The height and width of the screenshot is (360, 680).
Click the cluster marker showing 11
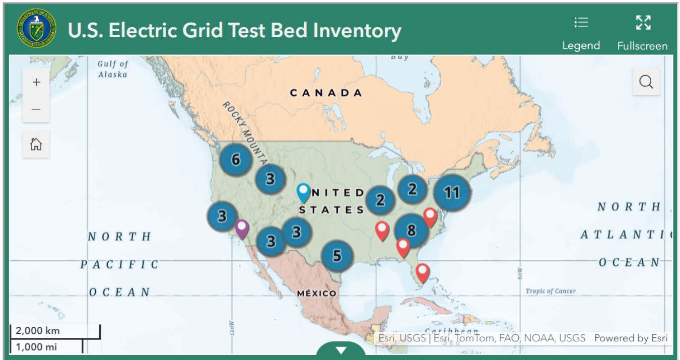click(452, 192)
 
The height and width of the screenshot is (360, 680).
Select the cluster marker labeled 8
click(411, 231)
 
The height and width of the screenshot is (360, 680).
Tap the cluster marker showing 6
click(235, 160)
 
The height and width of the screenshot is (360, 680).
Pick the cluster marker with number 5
click(337, 256)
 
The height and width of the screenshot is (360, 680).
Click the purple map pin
click(242, 228)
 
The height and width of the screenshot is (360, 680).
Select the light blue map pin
click(303, 192)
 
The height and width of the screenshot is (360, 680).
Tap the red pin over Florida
click(422, 272)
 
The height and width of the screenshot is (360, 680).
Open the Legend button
click(581, 33)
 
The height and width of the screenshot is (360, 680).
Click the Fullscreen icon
click(642, 23)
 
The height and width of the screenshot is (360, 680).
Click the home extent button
click(36, 145)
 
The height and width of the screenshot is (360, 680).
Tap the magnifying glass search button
click(646, 82)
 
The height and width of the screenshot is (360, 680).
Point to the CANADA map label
click(326, 93)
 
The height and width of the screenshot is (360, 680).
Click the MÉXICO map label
click(316, 293)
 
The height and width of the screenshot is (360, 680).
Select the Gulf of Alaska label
click(113, 69)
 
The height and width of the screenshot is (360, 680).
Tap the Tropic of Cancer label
click(550, 291)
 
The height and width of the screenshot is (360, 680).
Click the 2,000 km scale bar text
click(38, 331)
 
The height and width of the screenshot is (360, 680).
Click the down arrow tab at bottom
click(341, 350)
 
